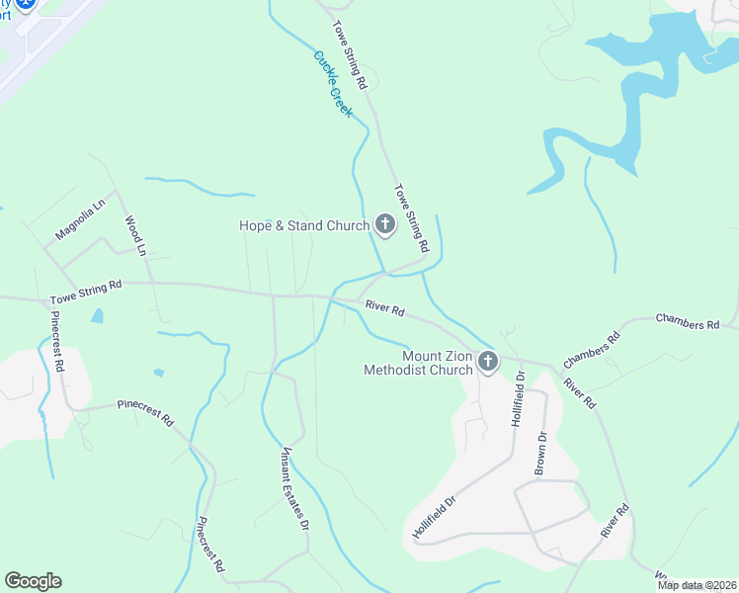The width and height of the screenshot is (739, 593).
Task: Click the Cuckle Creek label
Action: [333, 84]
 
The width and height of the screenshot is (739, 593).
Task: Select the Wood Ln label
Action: [135, 236]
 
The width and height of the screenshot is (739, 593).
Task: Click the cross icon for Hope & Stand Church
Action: [384, 225]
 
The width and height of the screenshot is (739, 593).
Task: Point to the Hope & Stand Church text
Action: [304, 225]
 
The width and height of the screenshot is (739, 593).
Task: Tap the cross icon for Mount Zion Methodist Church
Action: [487, 363]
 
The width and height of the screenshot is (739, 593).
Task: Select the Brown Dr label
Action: [540, 452]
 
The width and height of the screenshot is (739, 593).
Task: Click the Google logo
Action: [33, 581]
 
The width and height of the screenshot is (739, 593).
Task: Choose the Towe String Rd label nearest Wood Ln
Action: [86, 290]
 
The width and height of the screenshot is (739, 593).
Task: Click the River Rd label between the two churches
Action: [384, 309]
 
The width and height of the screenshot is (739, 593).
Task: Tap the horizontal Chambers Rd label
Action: [688, 323]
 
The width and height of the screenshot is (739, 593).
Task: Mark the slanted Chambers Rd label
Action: [591, 350]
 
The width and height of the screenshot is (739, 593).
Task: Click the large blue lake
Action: [647, 69]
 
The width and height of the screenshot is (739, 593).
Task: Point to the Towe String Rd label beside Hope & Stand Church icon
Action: [411, 216]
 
